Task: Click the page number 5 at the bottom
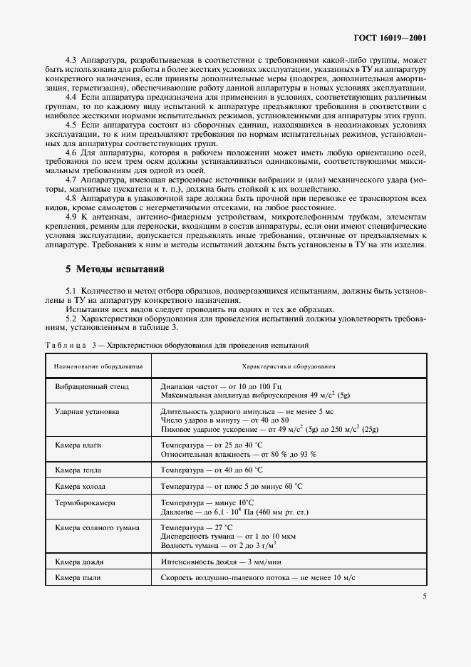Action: pos(424,596)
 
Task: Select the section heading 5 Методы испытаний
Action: pos(115,270)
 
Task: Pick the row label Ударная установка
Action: pos(87,412)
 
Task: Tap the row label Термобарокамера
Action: pos(85,502)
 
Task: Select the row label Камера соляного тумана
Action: pos(97,528)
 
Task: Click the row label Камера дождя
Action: pos(78,561)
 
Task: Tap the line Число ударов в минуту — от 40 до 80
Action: pos(224,421)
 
